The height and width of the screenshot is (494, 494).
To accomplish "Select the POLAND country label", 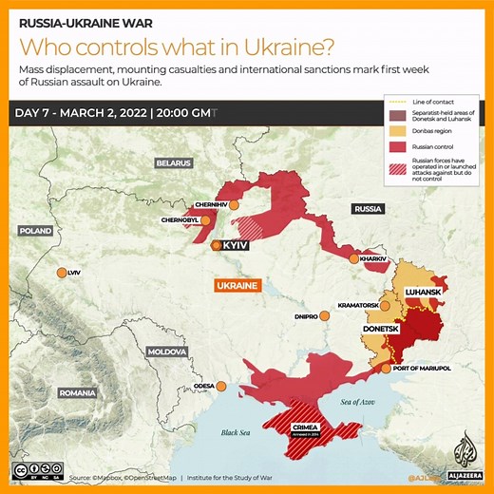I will coord(36,231).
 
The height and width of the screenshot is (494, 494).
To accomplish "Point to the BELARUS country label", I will coord(174,163).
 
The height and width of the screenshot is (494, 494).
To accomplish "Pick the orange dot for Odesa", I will coord(221,386).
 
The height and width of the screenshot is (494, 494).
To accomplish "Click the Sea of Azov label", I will coord(340,403).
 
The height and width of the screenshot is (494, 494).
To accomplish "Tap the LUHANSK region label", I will coord(422,291).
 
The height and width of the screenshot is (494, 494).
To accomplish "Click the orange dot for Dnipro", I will coord(324,316).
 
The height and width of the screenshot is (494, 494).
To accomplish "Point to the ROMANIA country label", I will coord(76,392).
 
